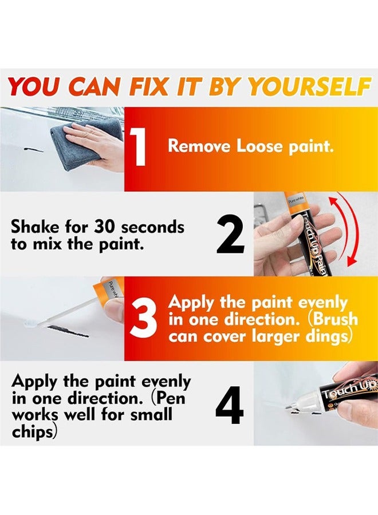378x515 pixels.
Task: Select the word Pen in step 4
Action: point(175,398)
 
